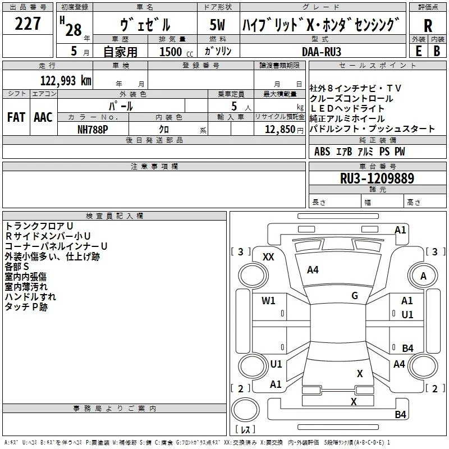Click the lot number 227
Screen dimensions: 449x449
pos(28,24)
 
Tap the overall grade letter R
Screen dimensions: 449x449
pos(428,26)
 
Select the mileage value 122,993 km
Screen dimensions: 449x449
pos(66,81)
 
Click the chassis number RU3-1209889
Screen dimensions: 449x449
pos(377,178)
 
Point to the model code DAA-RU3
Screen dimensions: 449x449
pos(322,52)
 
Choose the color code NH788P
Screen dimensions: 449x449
pos(93,130)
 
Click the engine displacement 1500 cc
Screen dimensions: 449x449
pos(176,52)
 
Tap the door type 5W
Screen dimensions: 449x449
pos(217,25)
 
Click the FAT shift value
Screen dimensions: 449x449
pos(16,117)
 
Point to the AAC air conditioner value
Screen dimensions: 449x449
pos(43,117)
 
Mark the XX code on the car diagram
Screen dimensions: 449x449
pos(268,257)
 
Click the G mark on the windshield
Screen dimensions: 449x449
pos(355,296)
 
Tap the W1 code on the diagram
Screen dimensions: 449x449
pos(268,301)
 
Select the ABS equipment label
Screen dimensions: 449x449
pos(322,152)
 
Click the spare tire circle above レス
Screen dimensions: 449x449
pos(245,409)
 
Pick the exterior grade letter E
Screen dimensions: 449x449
pos(418,51)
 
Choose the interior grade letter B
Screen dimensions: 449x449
pos(437,51)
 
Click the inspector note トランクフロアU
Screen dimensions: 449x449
pos(39,226)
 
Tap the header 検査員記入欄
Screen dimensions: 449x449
pos(114,216)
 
